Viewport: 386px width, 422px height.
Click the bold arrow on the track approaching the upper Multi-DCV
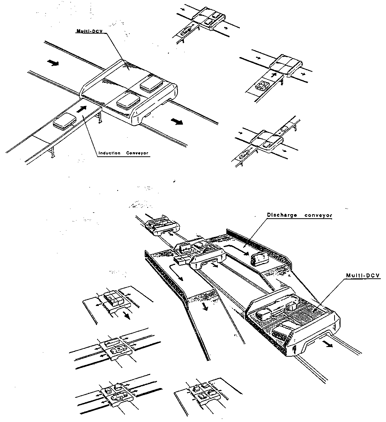point(53,63)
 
